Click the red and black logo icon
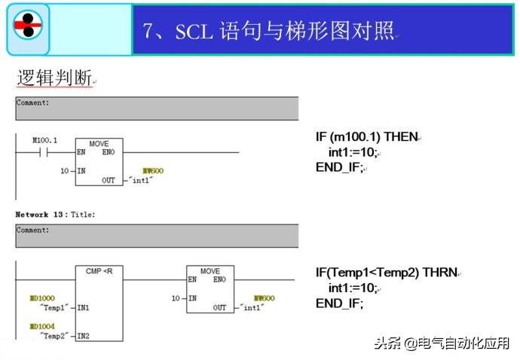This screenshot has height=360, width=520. [29, 27]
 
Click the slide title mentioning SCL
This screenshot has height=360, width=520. [268, 30]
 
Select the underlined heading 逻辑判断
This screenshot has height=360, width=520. [54, 78]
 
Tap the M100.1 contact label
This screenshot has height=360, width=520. [44, 141]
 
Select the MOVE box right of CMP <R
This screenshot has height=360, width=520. [210, 289]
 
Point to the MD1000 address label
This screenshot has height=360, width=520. [42, 299]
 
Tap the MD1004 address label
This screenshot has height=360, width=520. [42, 327]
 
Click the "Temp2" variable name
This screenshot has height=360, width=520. [54, 336]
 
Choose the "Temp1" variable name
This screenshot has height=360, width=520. [54, 308]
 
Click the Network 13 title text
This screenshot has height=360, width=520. [55, 215]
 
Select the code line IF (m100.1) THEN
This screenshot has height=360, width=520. [366, 137]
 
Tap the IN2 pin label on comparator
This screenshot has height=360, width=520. [83, 336]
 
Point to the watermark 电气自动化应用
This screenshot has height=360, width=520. [465, 343]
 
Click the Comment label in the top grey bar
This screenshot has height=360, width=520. [33, 102]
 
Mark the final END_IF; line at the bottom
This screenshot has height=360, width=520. [339, 303]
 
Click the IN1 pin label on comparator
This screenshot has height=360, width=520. [83, 308]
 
